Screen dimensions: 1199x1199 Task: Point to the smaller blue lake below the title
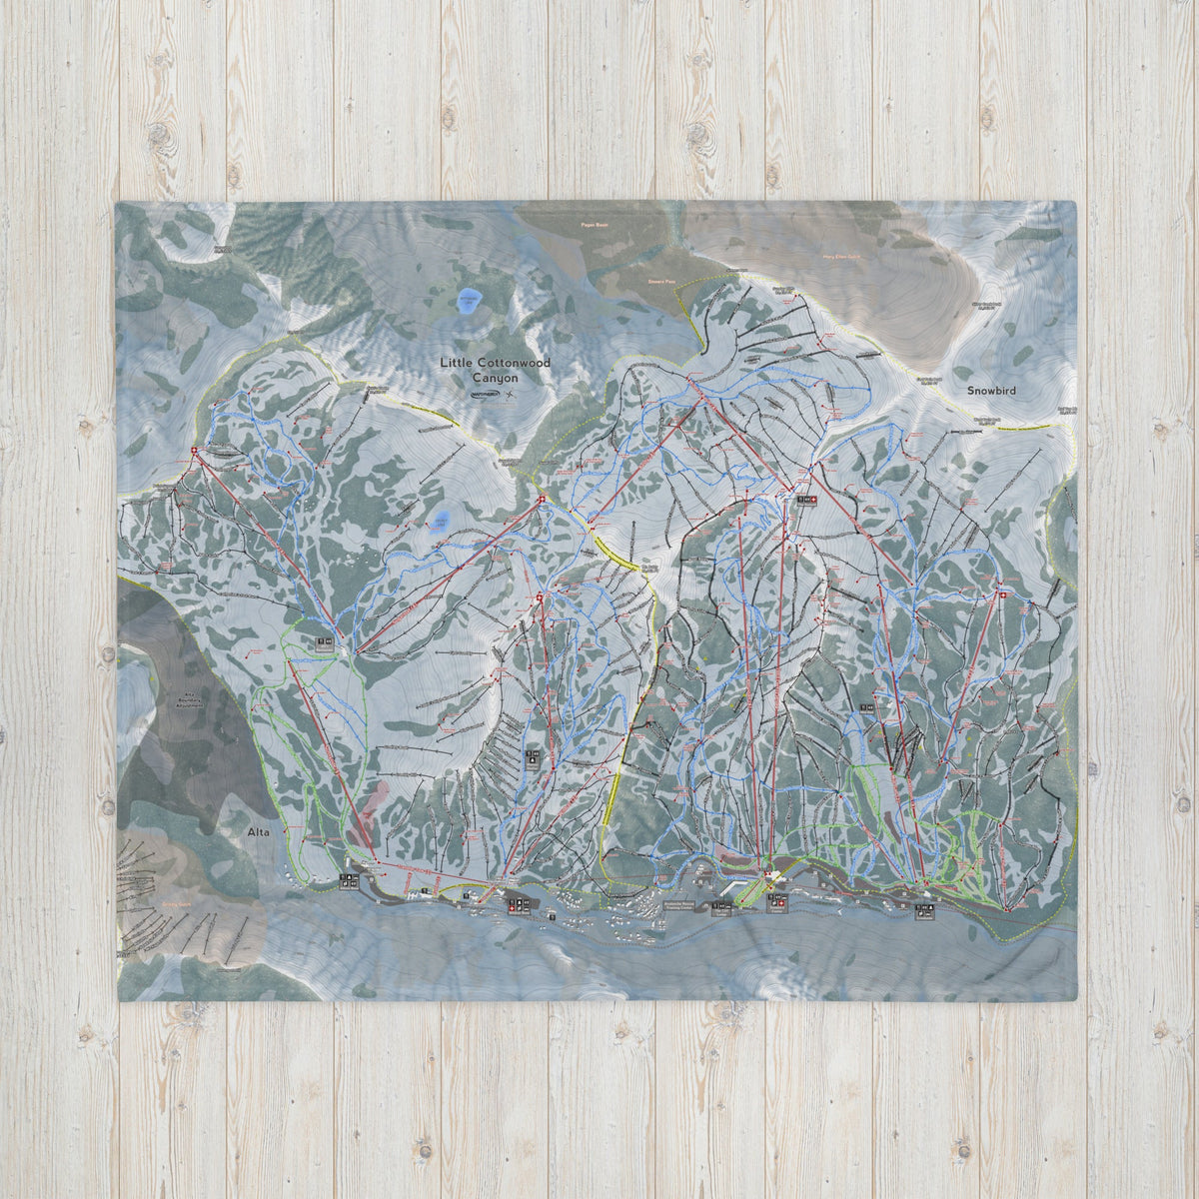(441, 521)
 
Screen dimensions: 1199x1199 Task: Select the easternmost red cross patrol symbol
(1003, 597)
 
